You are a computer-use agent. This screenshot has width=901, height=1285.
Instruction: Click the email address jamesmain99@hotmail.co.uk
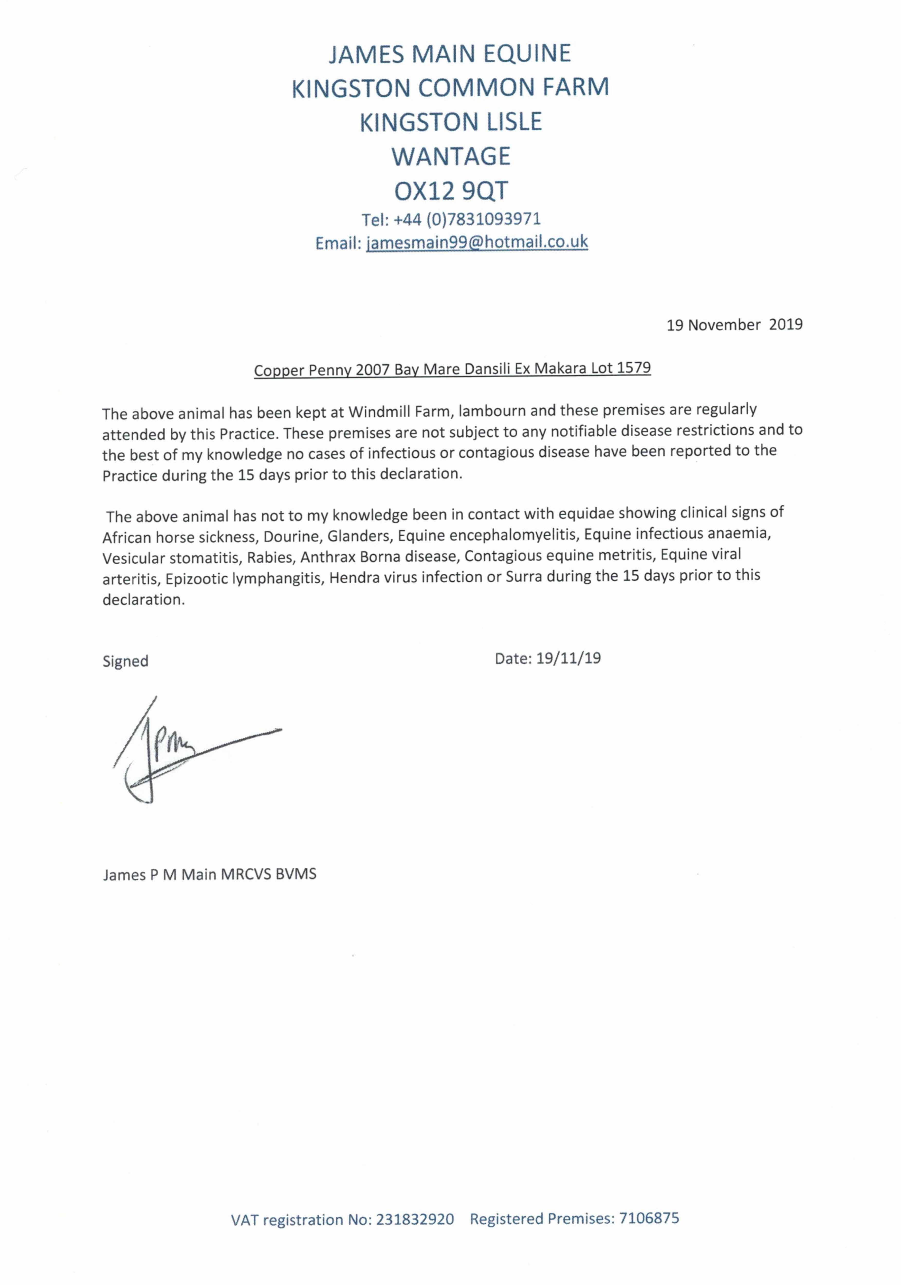click(x=477, y=242)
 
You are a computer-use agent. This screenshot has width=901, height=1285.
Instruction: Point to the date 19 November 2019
click(x=734, y=325)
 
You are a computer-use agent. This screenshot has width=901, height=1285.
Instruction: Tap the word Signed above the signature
click(x=125, y=661)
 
